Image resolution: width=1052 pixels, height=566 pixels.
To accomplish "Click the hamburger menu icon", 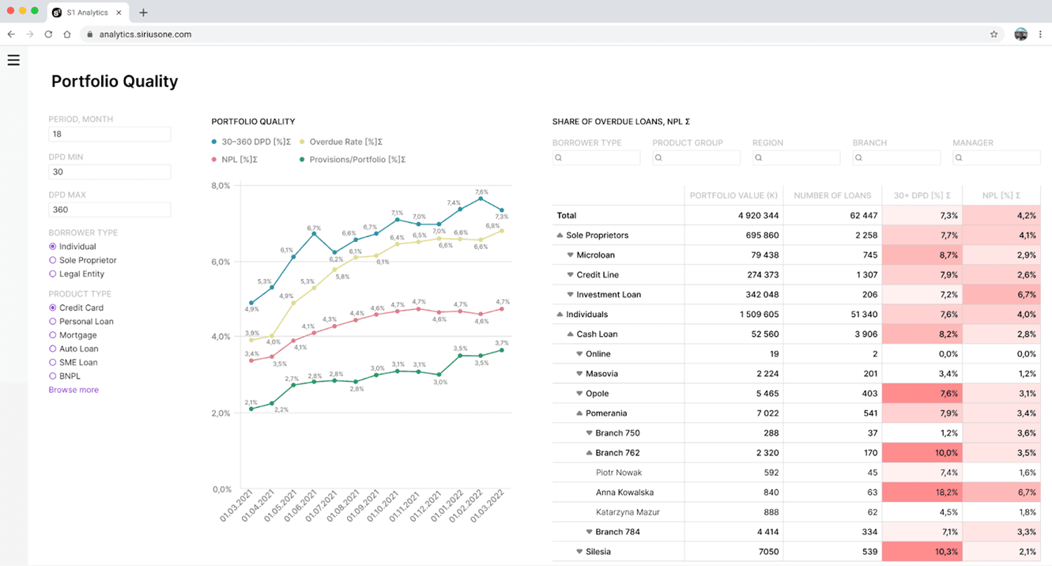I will pyautogui.click(x=13, y=60).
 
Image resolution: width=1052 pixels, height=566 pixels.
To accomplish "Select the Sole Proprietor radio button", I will pyautogui.click(x=53, y=260).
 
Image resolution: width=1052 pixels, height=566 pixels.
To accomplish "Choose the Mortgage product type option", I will pyautogui.click(x=53, y=335).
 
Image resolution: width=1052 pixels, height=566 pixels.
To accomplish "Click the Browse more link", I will pyautogui.click(x=74, y=390).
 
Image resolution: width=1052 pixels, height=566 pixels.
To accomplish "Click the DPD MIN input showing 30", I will pyautogui.click(x=109, y=172).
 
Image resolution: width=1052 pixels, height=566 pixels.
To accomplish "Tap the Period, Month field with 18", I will pyautogui.click(x=109, y=134).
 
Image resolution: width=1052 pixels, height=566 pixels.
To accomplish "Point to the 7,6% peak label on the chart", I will pyautogui.click(x=481, y=192).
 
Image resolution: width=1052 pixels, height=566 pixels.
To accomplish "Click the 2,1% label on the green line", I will pyautogui.click(x=251, y=402).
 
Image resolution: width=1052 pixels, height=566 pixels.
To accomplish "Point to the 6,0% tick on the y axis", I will pyautogui.click(x=221, y=262).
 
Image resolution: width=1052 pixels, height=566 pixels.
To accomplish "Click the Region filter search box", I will pyautogui.click(x=796, y=158).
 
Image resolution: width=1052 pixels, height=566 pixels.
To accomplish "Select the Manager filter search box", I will pyautogui.click(x=996, y=158).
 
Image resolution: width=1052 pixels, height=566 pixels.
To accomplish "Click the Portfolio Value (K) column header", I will pyautogui.click(x=733, y=195).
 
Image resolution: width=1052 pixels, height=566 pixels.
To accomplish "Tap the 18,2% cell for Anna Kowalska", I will pyautogui.click(x=922, y=492).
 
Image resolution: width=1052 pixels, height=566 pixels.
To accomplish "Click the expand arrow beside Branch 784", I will pyautogui.click(x=590, y=532).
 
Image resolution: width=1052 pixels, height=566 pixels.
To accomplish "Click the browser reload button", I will pyautogui.click(x=48, y=35).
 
